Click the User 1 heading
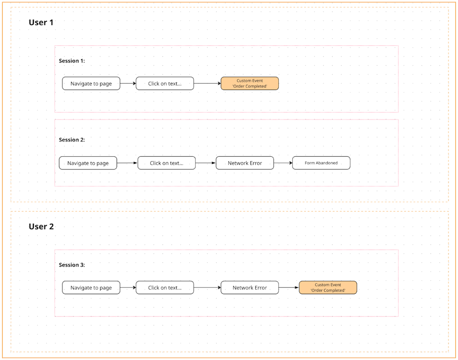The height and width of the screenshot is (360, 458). point(41,22)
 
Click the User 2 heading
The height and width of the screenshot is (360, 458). point(41,227)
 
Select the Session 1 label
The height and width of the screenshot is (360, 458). point(72,61)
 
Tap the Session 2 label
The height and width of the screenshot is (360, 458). point(72,140)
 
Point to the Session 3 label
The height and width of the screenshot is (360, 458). point(72,265)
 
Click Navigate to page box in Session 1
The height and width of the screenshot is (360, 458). point(91,84)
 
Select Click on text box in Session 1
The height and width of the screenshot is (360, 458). point(165,84)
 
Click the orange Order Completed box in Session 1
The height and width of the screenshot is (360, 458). point(249,84)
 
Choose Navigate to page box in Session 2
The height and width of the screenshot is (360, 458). point(88,163)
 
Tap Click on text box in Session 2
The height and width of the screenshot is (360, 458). point(166,163)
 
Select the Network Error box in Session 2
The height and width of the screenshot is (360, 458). point(245,163)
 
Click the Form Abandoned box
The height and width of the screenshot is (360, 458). point(321,163)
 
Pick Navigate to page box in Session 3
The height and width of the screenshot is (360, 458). point(91,288)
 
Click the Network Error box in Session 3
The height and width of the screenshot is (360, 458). point(249,288)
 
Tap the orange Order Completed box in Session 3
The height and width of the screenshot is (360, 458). point(328,288)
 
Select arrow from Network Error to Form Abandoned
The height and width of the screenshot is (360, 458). point(283,163)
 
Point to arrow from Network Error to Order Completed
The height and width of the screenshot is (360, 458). point(289,288)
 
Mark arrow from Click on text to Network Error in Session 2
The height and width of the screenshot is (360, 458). point(206,163)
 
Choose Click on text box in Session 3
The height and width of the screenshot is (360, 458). point(165,288)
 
